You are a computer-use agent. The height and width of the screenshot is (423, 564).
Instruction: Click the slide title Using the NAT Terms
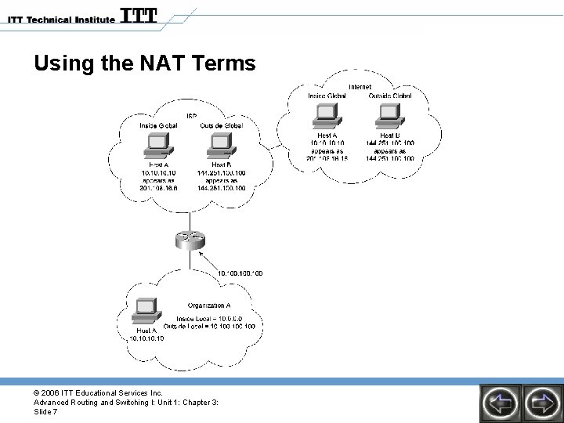tap(145, 63)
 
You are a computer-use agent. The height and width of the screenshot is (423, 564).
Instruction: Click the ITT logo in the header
tap(139, 16)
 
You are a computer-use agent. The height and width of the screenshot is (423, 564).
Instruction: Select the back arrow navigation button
tap(501, 403)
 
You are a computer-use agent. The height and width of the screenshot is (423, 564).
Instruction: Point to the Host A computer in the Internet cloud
tap(325, 117)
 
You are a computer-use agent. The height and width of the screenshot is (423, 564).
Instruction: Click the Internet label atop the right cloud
tap(360, 87)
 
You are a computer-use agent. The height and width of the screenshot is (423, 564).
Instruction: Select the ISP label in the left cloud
tap(191, 117)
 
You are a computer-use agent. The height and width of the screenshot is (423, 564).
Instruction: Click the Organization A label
tap(209, 305)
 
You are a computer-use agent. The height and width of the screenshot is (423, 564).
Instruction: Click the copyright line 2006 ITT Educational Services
tap(98, 392)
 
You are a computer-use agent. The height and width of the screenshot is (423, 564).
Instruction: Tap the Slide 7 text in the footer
tap(45, 412)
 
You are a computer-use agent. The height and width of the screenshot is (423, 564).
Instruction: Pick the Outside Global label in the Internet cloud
tap(389, 96)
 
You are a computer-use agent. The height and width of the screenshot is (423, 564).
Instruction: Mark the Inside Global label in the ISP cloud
tap(158, 125)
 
